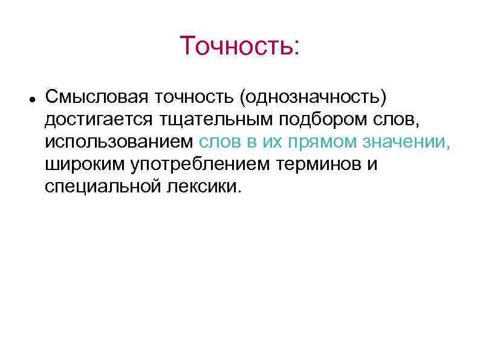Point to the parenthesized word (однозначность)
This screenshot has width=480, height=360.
(312, 97)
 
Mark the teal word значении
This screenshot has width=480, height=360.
(406, 142)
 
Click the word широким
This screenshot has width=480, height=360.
(83, 165)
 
